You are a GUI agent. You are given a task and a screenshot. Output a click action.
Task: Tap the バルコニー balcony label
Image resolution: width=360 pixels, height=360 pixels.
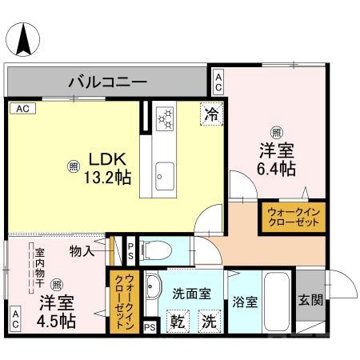pyautogui.click(x=106, y=82)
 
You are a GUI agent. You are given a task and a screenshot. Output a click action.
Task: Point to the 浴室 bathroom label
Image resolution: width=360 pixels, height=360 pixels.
pyautogui.click(x=244, y=302)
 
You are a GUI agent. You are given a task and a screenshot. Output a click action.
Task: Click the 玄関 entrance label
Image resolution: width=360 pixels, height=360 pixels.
pyautogui.click(x=310, y=301)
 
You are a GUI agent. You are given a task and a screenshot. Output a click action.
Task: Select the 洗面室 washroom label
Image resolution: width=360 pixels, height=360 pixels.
pyautogui.click(x=194, y=293)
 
